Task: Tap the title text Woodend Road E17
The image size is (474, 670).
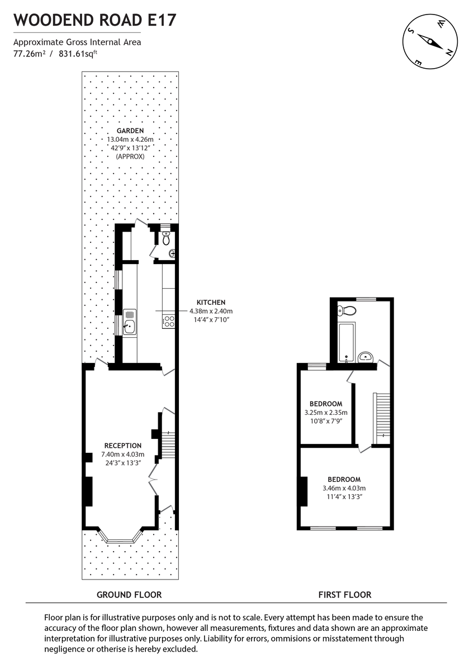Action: (x=95, y=21)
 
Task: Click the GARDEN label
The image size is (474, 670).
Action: (x=130, y=131)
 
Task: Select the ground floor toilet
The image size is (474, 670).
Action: (x=165, y=239)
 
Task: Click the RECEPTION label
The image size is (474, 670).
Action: (x=122, y=446)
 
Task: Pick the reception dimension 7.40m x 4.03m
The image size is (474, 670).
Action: (x=122, y=454)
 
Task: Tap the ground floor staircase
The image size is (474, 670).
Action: (x=168, y=444)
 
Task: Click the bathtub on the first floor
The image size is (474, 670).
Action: (x=347, y=342)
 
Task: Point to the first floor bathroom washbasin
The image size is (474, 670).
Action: (x=366, y=356)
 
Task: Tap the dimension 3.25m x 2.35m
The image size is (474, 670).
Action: (x=326, y=413)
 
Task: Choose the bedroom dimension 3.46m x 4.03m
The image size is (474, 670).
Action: (x=344, y=488)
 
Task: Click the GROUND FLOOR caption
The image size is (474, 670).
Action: (x=129, y=595)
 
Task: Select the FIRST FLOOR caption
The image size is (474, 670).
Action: (x=345, y=595)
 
